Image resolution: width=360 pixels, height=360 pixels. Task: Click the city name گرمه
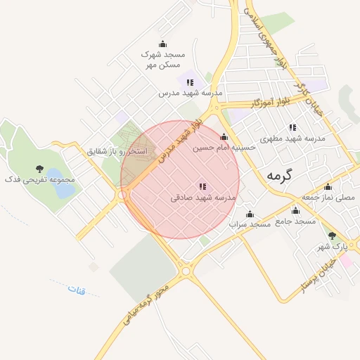tap(278, 176)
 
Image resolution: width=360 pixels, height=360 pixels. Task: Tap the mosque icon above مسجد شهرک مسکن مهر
tap(163, 44)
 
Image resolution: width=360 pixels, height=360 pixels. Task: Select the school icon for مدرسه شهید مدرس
tap(190, 82)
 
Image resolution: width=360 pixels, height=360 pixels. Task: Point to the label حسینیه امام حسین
tap(224, 148)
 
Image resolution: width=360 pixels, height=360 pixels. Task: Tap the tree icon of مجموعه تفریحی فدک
tap(39, 169)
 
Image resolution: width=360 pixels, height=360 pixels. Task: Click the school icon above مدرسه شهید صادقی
tap(202, 186)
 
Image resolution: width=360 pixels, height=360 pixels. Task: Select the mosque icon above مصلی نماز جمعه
tap(328, 187)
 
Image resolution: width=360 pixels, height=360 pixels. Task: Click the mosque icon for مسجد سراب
tap(250, 214)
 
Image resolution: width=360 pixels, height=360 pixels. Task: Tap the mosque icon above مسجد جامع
tap(295, 210)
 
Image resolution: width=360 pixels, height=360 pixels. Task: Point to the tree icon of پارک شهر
tap(332, 236)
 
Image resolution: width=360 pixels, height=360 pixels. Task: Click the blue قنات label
tap(76, 289)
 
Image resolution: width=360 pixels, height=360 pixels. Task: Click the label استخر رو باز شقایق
tap(117, 151)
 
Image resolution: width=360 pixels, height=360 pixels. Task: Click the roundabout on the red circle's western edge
tap(124, 194)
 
